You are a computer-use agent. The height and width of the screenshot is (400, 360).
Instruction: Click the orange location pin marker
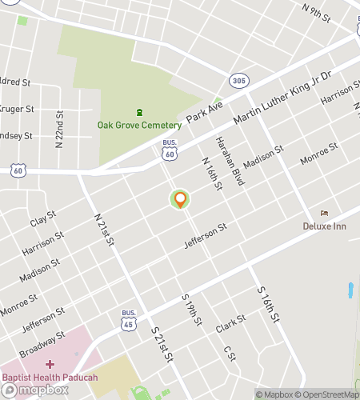coord(180,200)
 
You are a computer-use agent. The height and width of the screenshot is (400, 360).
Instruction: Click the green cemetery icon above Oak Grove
coord(139,112)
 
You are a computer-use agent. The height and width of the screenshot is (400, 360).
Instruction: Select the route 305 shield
coord(238,81)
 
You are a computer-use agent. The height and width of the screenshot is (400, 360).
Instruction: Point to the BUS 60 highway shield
coord(169,150)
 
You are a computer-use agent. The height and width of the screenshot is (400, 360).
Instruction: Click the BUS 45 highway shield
coord(128,320)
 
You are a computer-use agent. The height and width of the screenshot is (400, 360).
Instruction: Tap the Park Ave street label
coord(203,112)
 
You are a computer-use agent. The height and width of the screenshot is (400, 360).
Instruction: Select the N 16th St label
coord(211,174)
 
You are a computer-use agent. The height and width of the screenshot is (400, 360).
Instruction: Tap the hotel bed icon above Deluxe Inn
coord(324,213)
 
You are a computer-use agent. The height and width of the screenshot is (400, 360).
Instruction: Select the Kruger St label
coord(18,109)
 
